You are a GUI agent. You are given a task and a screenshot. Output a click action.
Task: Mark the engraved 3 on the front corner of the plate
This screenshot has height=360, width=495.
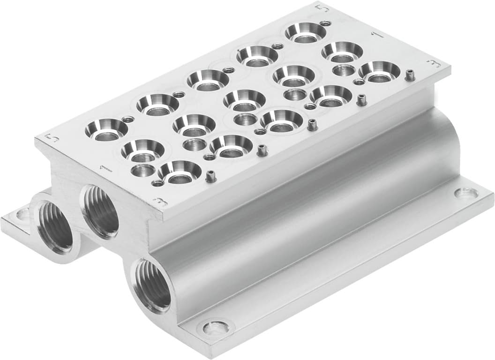160,202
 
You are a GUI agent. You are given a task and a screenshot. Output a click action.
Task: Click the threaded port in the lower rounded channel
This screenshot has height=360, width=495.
152,285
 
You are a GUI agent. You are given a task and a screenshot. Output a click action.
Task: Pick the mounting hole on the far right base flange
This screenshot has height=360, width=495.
467,193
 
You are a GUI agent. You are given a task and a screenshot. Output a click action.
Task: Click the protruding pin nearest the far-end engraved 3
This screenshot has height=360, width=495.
410,75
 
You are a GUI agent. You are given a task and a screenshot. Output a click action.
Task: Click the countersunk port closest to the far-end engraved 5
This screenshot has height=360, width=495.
306,32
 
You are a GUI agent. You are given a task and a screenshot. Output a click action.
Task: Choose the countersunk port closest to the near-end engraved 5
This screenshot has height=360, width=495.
106,130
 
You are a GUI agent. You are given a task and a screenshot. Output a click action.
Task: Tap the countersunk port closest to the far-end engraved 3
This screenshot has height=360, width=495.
379,71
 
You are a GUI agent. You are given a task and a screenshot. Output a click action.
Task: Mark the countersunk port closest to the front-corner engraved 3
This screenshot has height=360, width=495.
180,172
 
